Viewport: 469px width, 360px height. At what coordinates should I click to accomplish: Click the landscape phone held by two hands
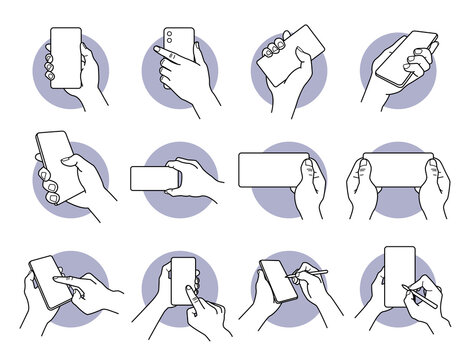click(x=398, y=168)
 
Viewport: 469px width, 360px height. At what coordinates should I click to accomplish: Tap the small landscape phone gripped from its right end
click(x=152, y=177)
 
